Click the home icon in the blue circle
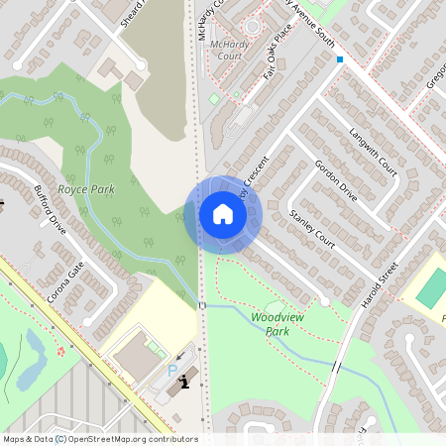tap(222, 214)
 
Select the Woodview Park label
tap(276, 323)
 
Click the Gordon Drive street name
tap(335, 176)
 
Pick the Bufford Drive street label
tap(50, 209)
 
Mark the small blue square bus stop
tap(340, 59)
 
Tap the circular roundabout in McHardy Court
tap(251, 26)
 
